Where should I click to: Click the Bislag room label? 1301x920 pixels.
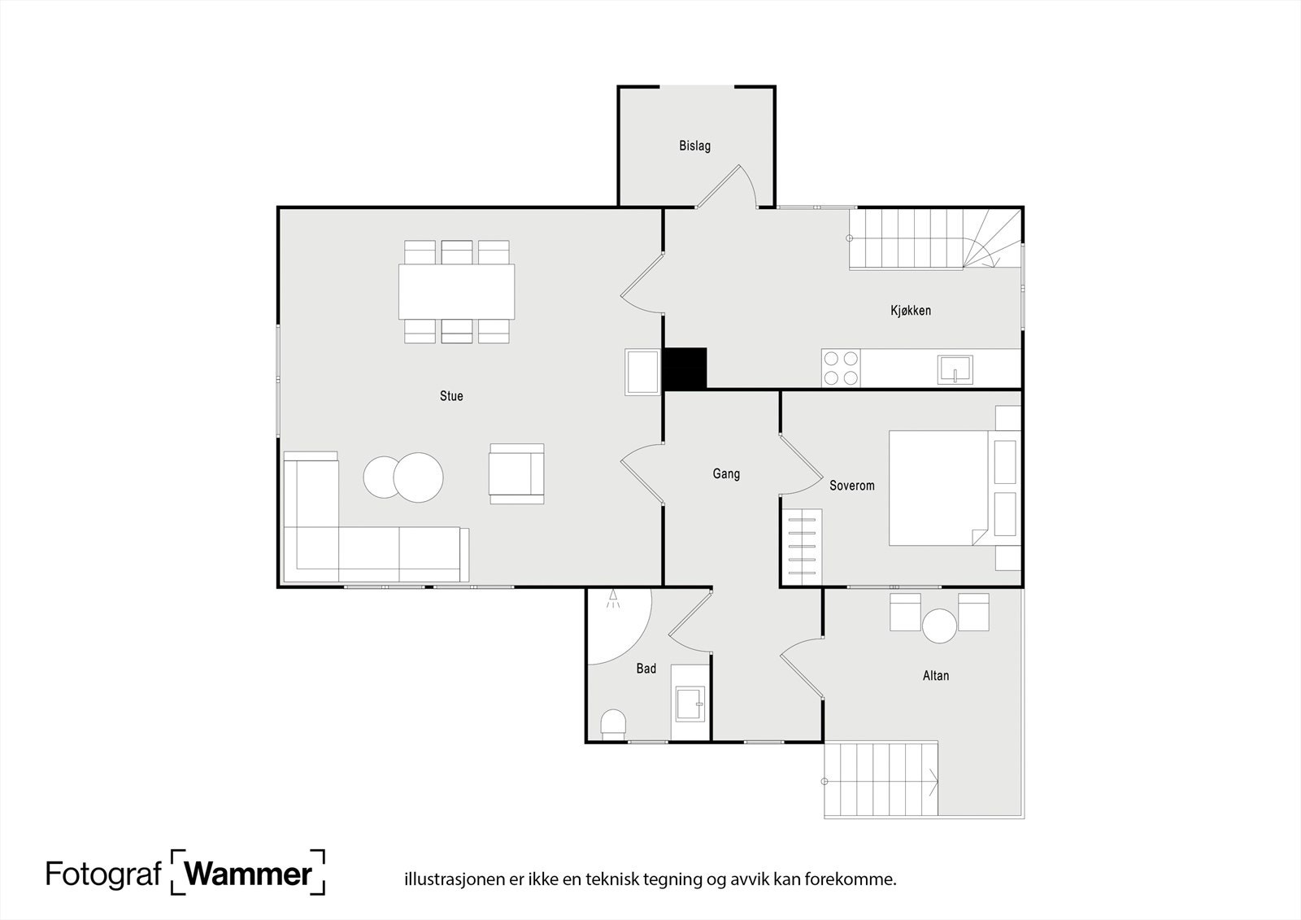694,146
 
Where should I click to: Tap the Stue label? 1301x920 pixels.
451,396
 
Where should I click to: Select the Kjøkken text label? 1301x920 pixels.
911,311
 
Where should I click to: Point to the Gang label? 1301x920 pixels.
726,474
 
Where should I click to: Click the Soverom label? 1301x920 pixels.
851,486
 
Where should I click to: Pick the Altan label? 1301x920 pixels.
936,675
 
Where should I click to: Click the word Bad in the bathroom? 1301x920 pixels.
646,669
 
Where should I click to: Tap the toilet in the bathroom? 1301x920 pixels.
613,724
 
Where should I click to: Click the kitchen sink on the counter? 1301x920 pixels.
955,369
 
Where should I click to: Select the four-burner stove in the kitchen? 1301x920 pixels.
841,368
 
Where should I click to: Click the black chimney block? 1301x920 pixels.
685,368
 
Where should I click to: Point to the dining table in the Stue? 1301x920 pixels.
456,292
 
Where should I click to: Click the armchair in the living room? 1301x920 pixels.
516,473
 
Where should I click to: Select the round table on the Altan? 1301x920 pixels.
939,626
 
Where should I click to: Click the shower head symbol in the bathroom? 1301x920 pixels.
613,600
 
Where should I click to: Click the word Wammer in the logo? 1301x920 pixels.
248,874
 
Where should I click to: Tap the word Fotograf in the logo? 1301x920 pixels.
103,874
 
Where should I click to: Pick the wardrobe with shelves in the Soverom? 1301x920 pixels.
802,547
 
